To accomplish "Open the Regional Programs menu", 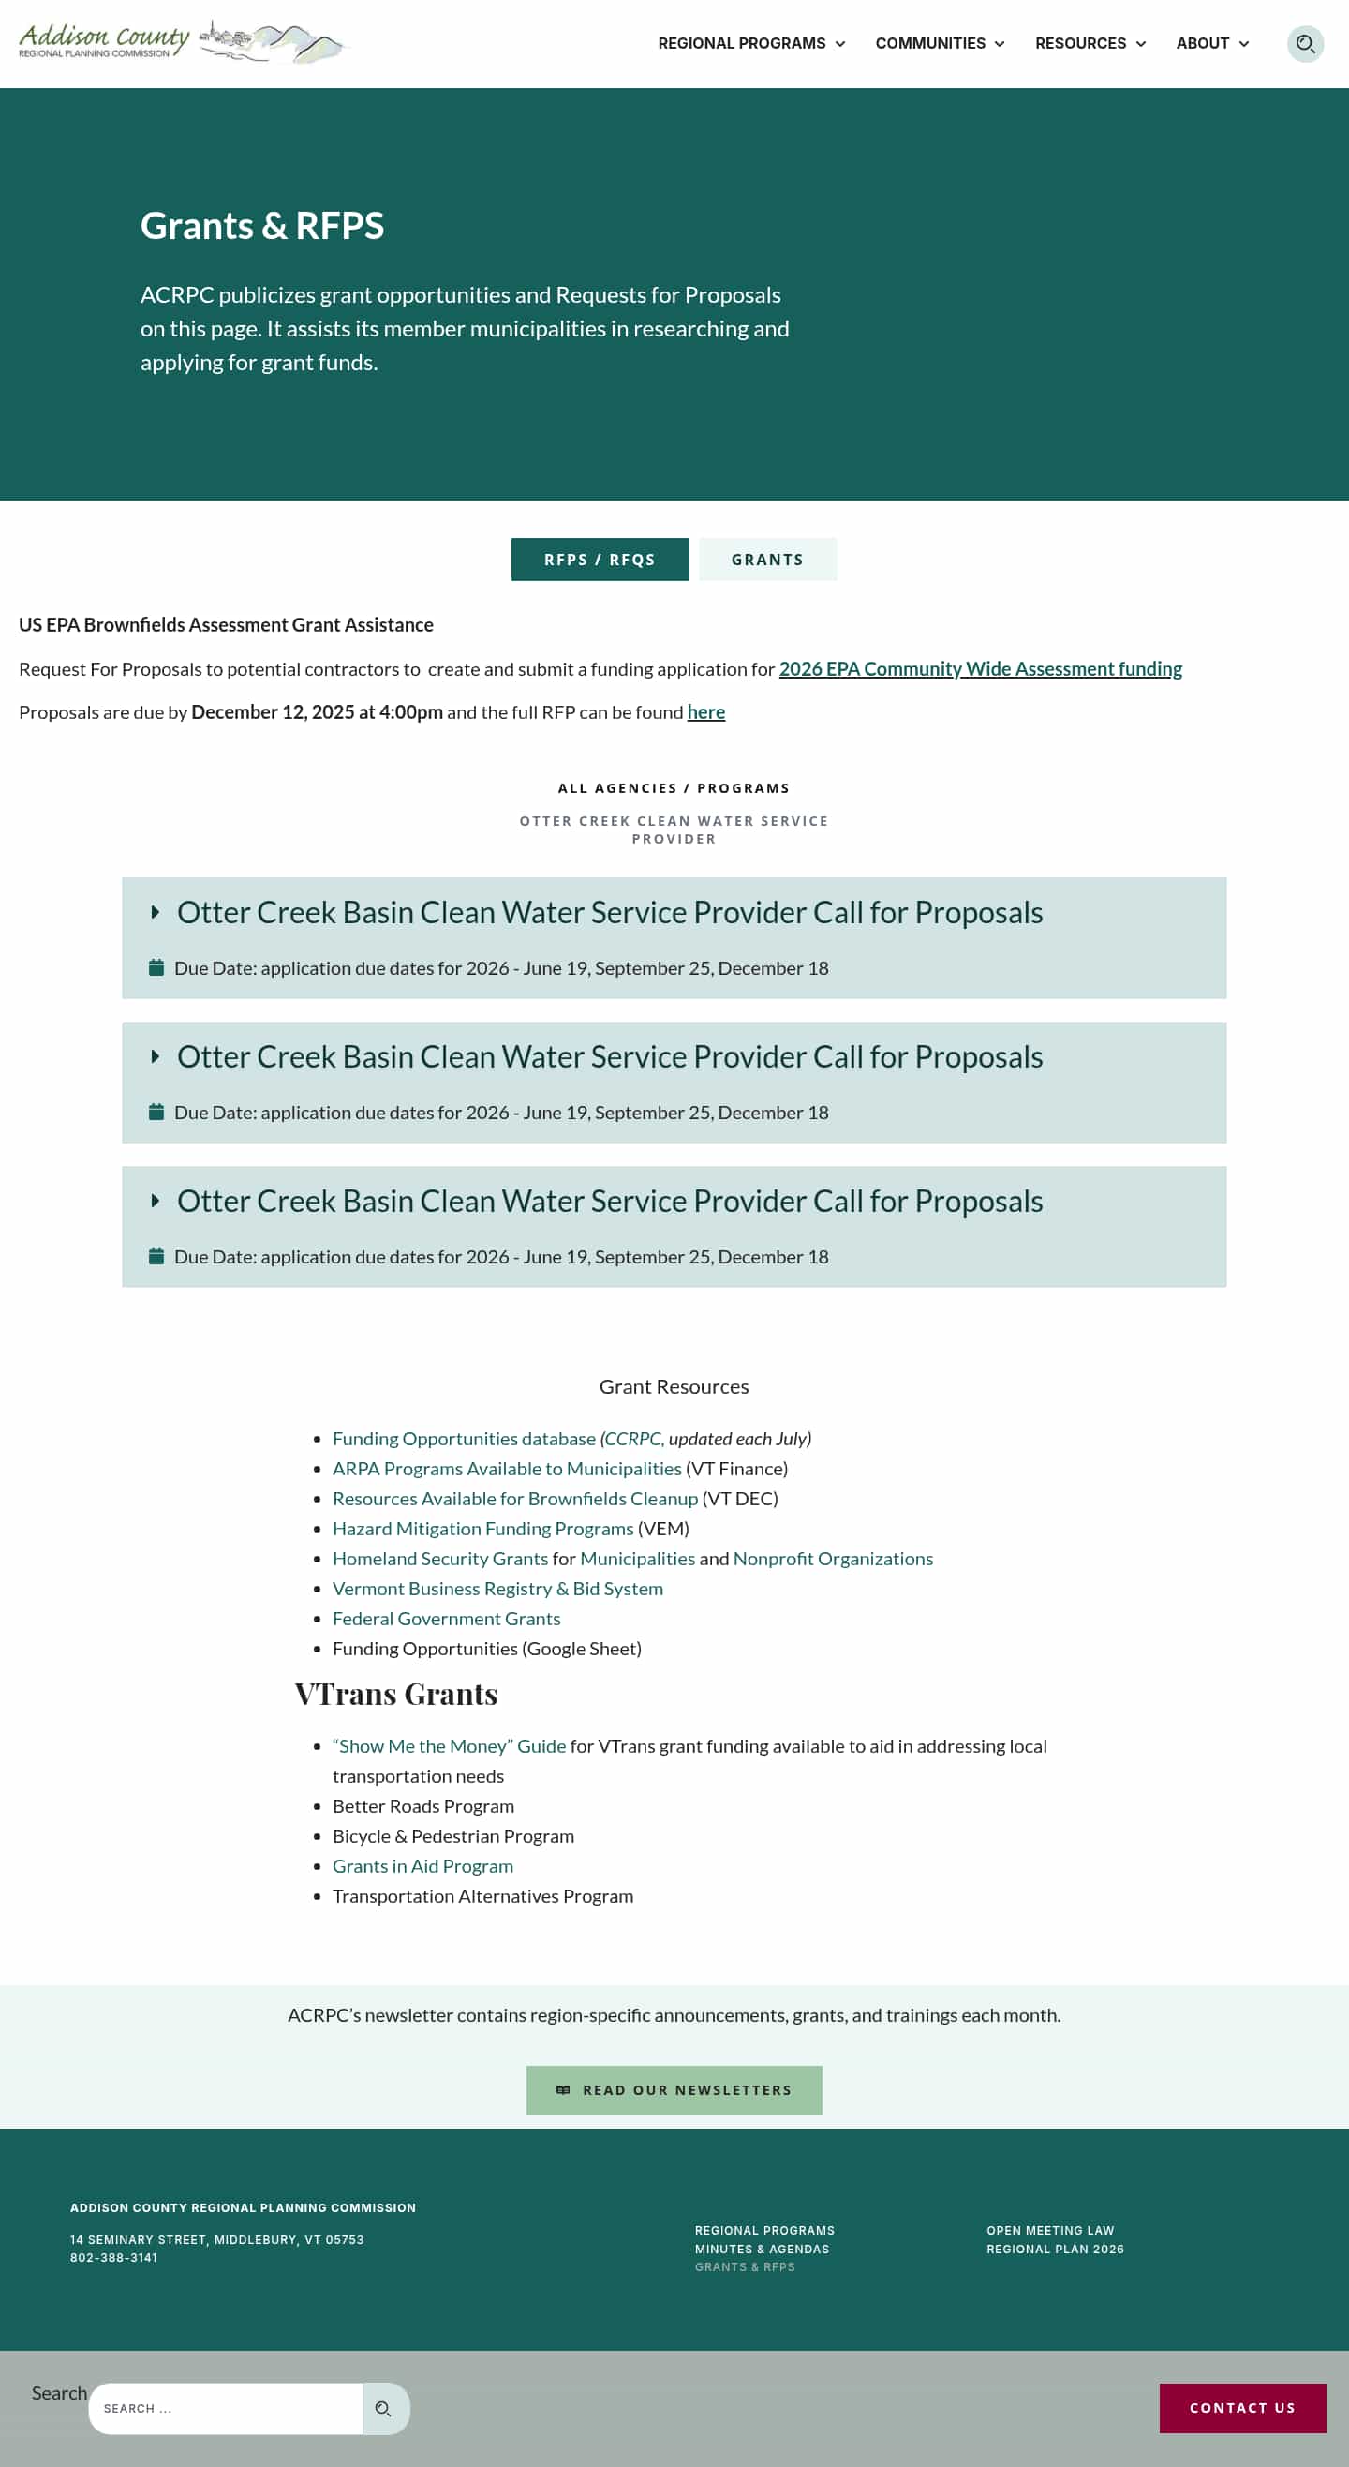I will coord(750,44).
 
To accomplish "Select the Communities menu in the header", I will coord(940,44).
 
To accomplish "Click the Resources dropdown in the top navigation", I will coord(1090,44).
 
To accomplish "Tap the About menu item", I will coord(1211,44).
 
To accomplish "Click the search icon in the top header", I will coord(1304,44).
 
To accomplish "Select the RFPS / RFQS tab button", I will coord(600,560).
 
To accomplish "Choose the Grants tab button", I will coord(767,560).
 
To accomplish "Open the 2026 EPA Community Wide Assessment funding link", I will coord(980,668).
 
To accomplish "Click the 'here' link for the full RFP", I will coord(705,711).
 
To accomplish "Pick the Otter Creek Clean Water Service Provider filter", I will coord(674,830).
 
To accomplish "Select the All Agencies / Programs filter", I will coord(674,788).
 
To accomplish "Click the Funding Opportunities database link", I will coord(464,1439).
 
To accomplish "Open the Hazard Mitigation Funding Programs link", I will coord(482,1529).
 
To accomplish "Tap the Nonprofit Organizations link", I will coord(832,1558).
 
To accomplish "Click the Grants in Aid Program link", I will coord(422,1865).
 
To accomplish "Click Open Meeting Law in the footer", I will coord(1049,2231).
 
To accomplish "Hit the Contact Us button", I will coord(1242,2408).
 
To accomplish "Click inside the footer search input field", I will coord(225,2408).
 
